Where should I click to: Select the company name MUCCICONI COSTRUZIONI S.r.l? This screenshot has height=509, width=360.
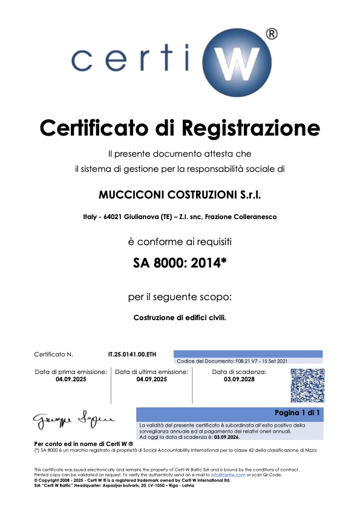coord(179,195)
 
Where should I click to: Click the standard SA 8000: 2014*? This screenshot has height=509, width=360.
coord(180,263)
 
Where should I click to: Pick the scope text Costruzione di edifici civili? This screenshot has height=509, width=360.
coord(180,317)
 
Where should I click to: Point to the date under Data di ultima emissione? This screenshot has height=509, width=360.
coord(152,379)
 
